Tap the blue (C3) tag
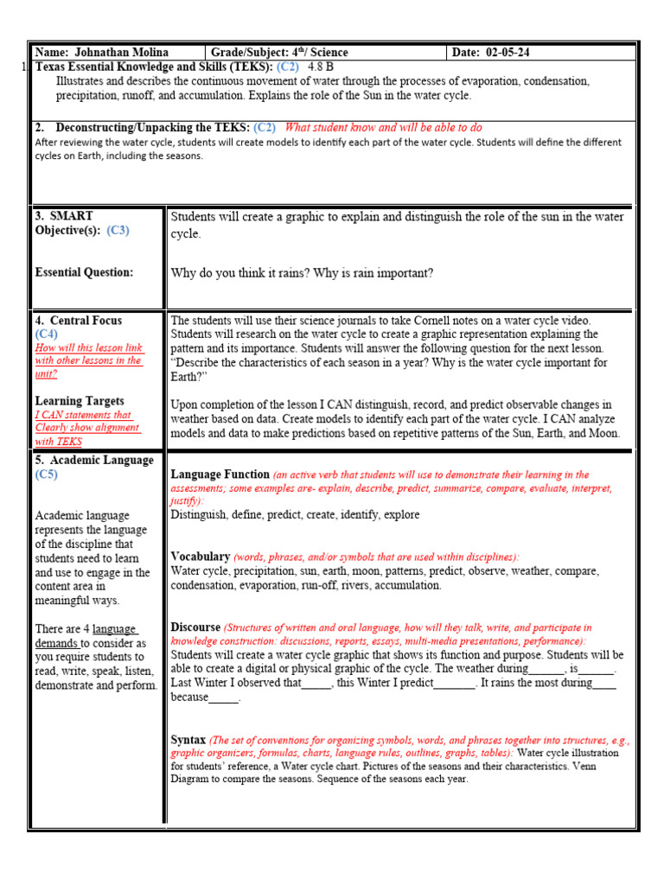(118, 230)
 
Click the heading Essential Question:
(84, 272)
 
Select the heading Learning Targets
(80, 401)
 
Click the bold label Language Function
(220, 474)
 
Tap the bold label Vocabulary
(201, 557)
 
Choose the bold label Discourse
(195, 627)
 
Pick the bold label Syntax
(188, 741)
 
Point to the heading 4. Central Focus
(79, 321)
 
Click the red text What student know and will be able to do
(384, 127)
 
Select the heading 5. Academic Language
(94, 461)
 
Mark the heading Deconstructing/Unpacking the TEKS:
(153, 127)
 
